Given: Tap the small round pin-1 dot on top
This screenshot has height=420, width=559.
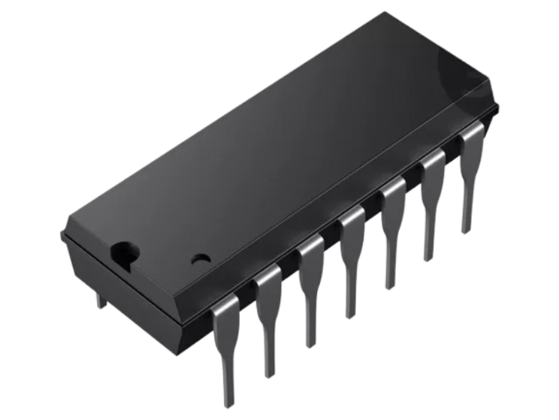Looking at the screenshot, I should [x=200, y=260].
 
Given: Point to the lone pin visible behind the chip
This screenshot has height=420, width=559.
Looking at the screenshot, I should [x=100, y=299].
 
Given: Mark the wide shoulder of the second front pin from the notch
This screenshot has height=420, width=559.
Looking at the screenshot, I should [x=267, y=289].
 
